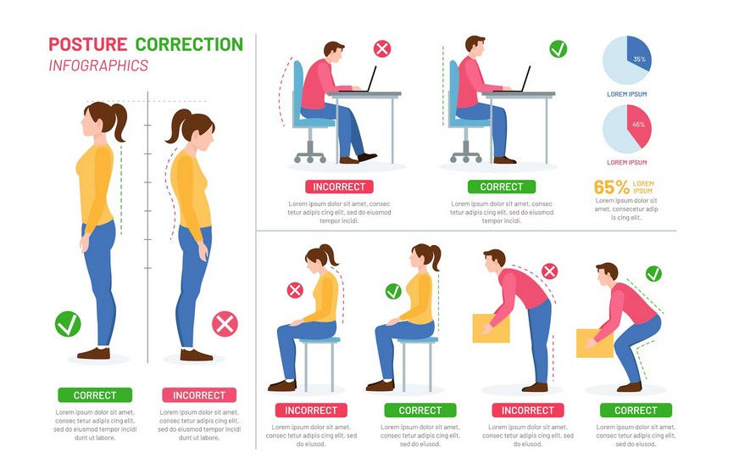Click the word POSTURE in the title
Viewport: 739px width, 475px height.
pyautogui.click(x=87, y=44)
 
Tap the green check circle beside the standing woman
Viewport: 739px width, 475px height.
pyautogui.click(x=67, y=323)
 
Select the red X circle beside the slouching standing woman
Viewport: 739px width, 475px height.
pyautogui.click(x=225, y=323)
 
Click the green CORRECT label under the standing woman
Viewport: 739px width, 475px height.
pyautogui.click(x=95, y=395)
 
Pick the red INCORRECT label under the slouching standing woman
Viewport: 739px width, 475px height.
pyautogui.click(x=199, y=395)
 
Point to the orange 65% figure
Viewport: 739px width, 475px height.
pyautogui.click(x=611, y=187)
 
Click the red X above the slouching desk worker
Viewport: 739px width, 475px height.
pyautogui.click(x=382, y=48)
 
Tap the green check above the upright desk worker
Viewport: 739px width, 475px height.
pyautogui.click(x=558, y=48)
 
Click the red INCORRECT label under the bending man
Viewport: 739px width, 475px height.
pyautogui.click(x=528, y=411)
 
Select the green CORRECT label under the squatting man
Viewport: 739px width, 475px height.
pyautogui.click(x=636, y=411)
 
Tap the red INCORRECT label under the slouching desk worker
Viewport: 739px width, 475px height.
pyautogui.click(x=339, y=187)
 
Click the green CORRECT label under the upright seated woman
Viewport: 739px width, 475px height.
pyautogui.click(x=420, y=411)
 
